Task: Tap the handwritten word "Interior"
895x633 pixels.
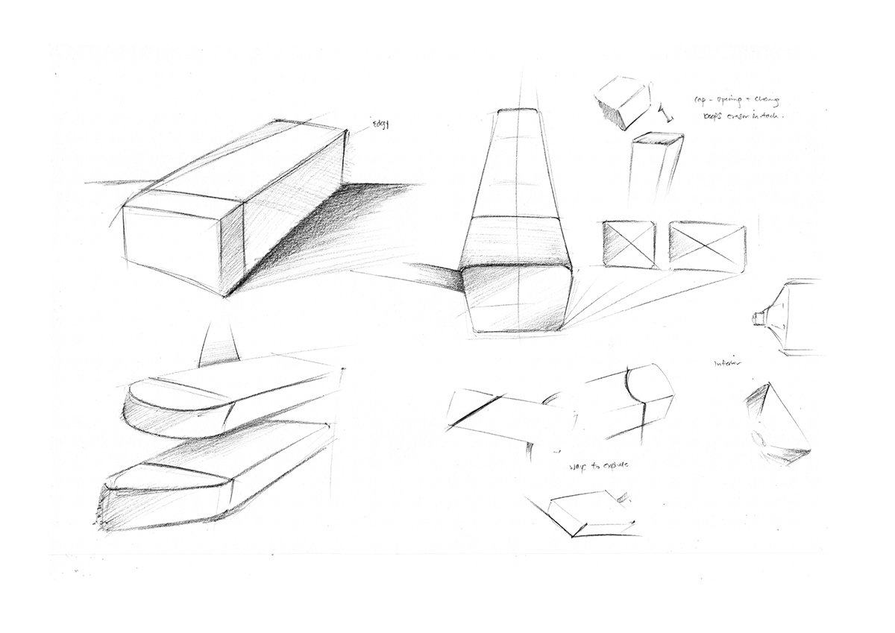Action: click(728, 363)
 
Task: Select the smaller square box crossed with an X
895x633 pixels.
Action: click(628, 244)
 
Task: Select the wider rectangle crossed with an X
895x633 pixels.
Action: click(707, 246)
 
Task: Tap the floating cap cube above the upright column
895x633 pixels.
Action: click(623, 103)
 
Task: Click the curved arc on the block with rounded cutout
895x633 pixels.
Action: click(634, 384)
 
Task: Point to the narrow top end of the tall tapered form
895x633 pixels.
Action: click(515, 113)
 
